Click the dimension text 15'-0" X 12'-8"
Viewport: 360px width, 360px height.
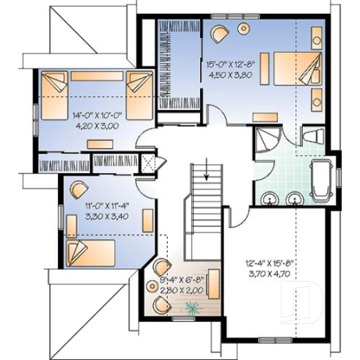(x=231, y=63)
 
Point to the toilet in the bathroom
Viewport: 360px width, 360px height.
(x=315, y=135)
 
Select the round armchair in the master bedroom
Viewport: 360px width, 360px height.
(x=220, y=33)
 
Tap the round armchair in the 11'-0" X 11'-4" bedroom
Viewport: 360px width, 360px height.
(x=76, y=189)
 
